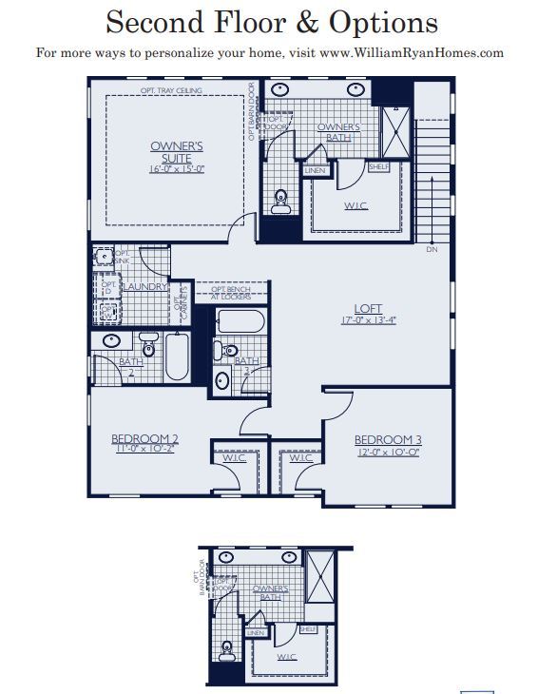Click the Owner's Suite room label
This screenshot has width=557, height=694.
pos(177,152)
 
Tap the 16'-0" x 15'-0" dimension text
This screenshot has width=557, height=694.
pos(177,169)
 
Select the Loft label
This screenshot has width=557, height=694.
pos(368,309)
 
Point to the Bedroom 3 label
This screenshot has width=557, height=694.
pos(387,439)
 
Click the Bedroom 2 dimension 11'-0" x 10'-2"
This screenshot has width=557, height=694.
pos(145,450)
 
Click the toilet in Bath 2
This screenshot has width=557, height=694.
pos(148,340)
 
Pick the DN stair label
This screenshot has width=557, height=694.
pos(432,250)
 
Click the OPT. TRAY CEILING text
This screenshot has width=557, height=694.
pos(172,91)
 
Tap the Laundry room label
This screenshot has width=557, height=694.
pos(144,286)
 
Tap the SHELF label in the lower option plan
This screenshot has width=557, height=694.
pos(308,629)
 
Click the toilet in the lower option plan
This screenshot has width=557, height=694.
pos(225,652)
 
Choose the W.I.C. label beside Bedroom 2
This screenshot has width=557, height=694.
pos(235,459)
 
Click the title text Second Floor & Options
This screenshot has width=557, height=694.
pos(271,23)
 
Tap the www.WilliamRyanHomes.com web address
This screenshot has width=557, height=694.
pos(414,53)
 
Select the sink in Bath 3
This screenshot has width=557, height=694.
pos(221,381)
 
